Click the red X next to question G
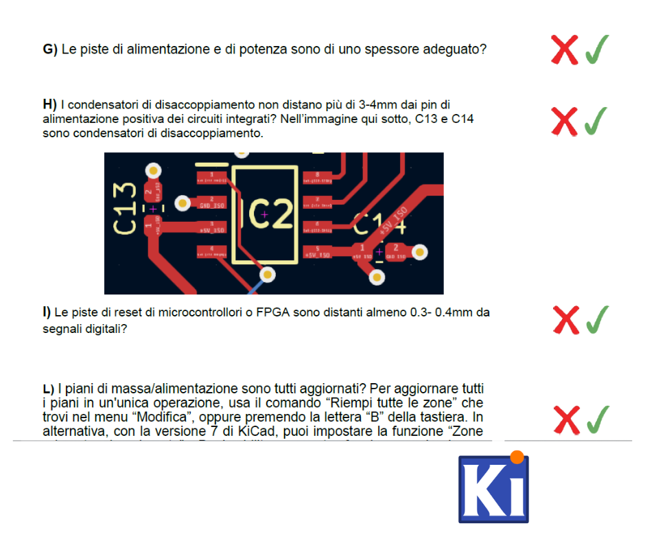click(x=565, y=49)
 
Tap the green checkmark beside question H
click(x=596, y=121)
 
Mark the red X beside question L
click(x=567, y=419)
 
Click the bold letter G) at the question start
click(x=49, y=49)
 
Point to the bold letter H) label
click(x=49, y=104)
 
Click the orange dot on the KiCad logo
click(x=517, y=455)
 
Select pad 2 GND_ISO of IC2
click(x=212, y=203)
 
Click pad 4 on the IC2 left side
click(x=212, y=251)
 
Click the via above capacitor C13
click(x=153, y=170)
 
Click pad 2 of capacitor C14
click(x=396, y=252)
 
